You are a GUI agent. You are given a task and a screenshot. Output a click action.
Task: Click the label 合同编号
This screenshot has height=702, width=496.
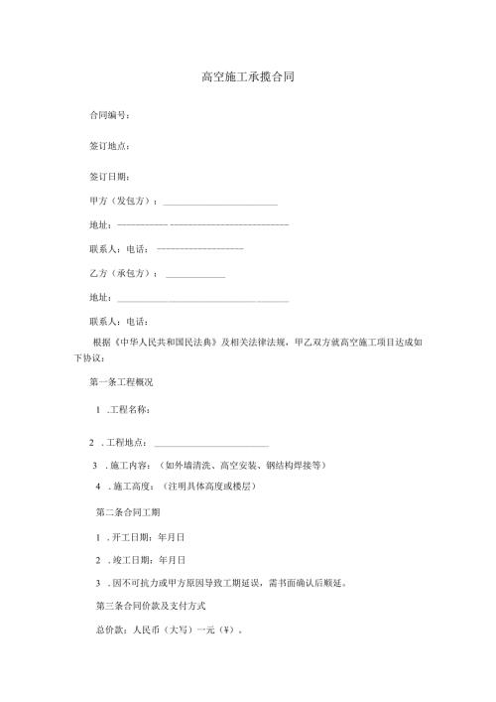pos(108,116)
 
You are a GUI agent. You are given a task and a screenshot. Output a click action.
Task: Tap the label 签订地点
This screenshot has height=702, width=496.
pos(108,147)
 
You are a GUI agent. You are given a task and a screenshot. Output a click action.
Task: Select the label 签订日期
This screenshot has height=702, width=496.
pos(108,177)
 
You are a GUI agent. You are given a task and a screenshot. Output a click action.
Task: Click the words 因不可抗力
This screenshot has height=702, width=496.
pos(134,583)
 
